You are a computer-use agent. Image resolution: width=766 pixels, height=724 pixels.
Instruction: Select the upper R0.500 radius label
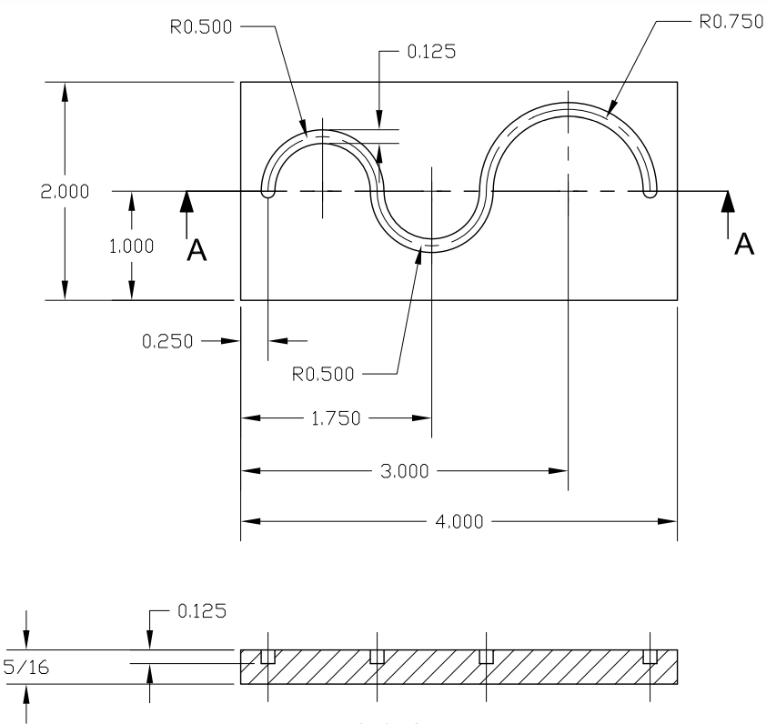[201, 26]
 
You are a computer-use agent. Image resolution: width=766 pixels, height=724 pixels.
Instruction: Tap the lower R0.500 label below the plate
[324, 373]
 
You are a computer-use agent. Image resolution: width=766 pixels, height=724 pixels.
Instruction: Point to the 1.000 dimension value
[131, 246]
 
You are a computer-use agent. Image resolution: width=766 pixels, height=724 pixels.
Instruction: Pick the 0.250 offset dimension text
[167, 341]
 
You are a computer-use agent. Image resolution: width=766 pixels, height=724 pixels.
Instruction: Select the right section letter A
[744, 244]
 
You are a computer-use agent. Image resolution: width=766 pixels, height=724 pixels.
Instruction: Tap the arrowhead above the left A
[186, 201]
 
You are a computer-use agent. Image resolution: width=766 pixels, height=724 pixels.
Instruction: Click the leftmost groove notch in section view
[267, 656]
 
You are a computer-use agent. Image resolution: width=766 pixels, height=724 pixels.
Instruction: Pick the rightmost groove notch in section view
[650, 656]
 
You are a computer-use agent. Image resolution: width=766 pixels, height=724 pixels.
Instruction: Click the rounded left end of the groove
[268, 191]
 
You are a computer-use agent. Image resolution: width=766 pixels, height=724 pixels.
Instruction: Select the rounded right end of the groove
[650, 191]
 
